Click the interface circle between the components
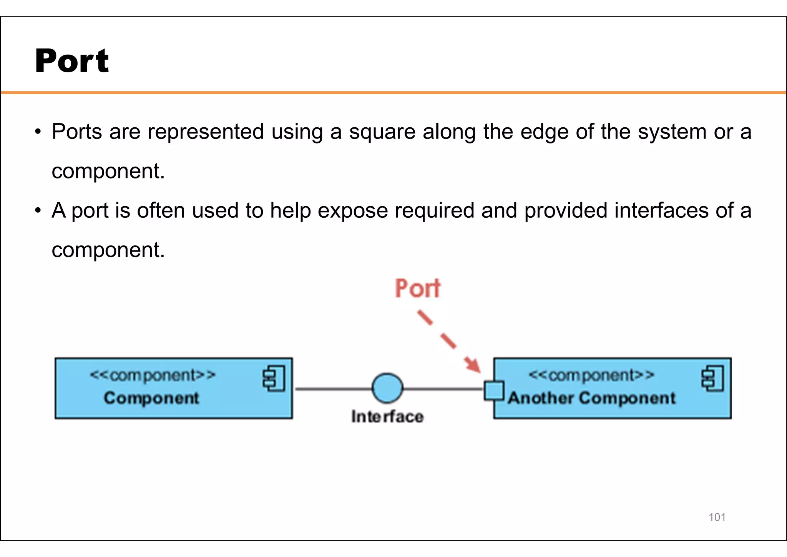387,388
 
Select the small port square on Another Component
493,390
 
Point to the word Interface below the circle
387,417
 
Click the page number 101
717,517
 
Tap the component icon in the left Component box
274,379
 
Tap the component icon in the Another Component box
712,379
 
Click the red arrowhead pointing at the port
473,364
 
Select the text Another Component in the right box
591,398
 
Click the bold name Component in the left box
151,398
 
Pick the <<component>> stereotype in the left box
153,375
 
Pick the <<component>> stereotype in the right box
591,375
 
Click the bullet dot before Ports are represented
37,132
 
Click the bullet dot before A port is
37,211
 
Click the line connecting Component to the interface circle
333,389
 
